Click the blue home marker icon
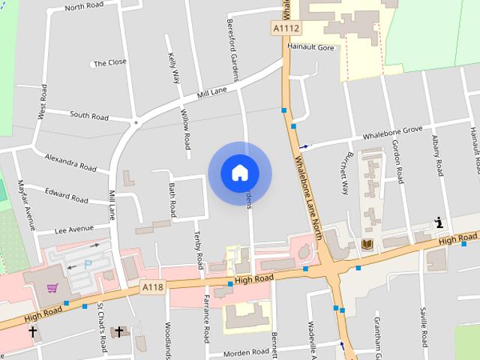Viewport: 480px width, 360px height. pos(239,172)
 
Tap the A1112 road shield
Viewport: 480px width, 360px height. pos(286,28)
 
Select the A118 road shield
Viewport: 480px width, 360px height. pos(152,286)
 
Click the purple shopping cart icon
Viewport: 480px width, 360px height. pos(52,288)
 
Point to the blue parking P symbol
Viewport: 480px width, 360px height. pos(88,264)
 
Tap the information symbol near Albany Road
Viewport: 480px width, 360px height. pos(439,222)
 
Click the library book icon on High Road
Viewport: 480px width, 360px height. pos(367,244)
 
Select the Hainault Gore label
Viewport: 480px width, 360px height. pos(310,46)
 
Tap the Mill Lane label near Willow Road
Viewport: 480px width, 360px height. pos(211,93)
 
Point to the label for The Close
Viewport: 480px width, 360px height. pos(109,63)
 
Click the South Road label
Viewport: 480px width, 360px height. pos(89,115)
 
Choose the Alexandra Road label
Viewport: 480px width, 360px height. pos(70,162)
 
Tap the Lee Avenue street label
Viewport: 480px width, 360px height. pos(74,228)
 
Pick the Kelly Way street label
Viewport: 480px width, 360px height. pos(175,67)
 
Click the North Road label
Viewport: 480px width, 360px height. pos(85,7)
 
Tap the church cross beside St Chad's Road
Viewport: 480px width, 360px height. pos(118,331)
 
